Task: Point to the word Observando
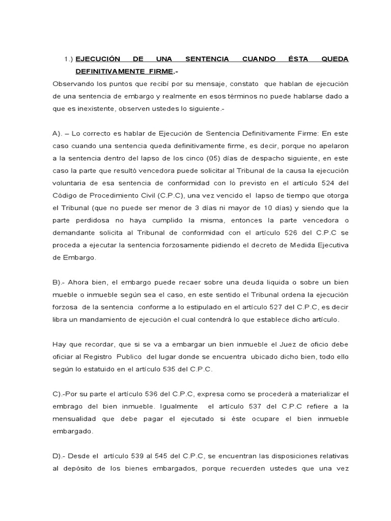tap(72, 83)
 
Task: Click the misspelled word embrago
tap(69, 406)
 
